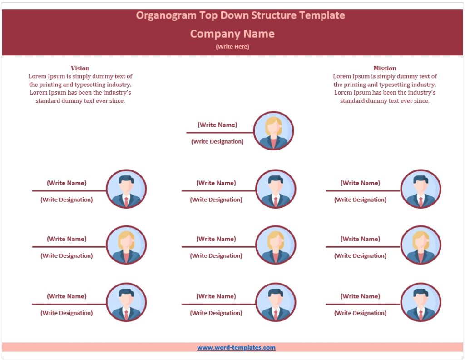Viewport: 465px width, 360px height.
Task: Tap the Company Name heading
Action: (x=232, y=34)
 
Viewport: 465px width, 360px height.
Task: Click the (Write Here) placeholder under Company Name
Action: (x=232, y=46)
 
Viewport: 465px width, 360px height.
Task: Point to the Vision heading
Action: (x=80, y=68)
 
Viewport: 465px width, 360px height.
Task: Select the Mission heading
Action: (x=385, y=68)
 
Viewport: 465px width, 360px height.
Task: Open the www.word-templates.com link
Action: (x=236, y=348)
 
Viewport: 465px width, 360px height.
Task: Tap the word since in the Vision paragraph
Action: (x=117, y=101)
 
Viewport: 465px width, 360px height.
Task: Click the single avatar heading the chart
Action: (x=273, y=131)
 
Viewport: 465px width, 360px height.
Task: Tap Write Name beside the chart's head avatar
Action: (x=217, y=125)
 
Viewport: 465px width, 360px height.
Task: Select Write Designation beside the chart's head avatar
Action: (x=217, y=141)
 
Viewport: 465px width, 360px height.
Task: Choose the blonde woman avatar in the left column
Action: (x=126, y=245)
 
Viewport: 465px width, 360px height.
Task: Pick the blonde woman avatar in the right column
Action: (x=420, y=245)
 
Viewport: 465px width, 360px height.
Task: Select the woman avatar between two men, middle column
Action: (x=276, y=245)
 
